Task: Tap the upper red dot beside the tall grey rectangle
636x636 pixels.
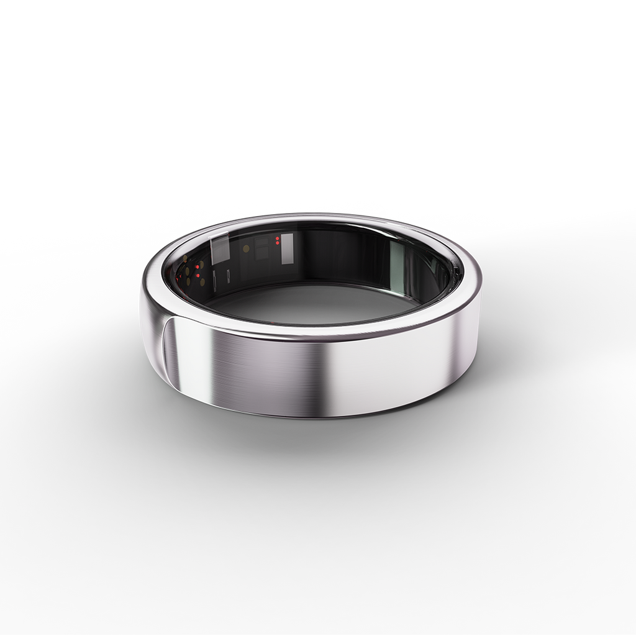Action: pos(277,238)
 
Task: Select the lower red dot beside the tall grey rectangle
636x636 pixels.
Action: pos(277,243)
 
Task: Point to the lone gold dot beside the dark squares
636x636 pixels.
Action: pos(247,248)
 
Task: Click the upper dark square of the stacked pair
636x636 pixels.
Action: pos(261,242)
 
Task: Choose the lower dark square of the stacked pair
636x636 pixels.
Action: pos(261,253)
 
